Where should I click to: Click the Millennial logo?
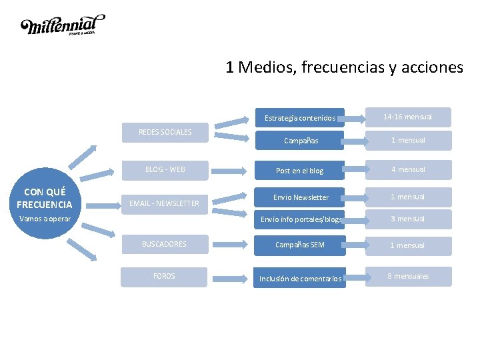coord(63,25)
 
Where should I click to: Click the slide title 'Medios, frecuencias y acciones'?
coord(344,67)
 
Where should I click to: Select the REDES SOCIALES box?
coord(165,132)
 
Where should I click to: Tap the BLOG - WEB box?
coord(165,169)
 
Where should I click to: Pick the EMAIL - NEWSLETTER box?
coord(164,203)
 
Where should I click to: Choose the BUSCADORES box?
coord(164,244)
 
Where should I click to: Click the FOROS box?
coord(164,276)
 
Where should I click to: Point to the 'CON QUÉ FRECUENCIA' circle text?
coord(44,198)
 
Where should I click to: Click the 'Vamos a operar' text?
coord(44,218)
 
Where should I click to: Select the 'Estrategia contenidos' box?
coord(299,118)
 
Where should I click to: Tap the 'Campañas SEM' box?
coord(300,245)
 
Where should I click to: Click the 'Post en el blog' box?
coord(299,171)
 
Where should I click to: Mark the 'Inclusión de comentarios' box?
coord(300,279)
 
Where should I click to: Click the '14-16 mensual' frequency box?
coord(407,117)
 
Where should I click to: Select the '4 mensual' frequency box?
coord(407,169)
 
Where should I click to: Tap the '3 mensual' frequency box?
coord(407,219)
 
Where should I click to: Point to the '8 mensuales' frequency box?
coord(408,276)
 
